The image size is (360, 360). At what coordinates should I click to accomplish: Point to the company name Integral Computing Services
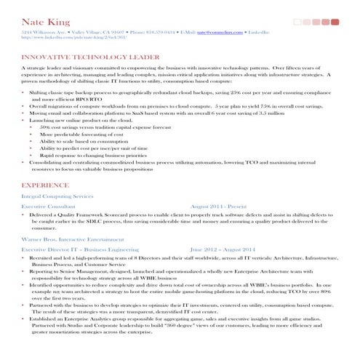[57, 196]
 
